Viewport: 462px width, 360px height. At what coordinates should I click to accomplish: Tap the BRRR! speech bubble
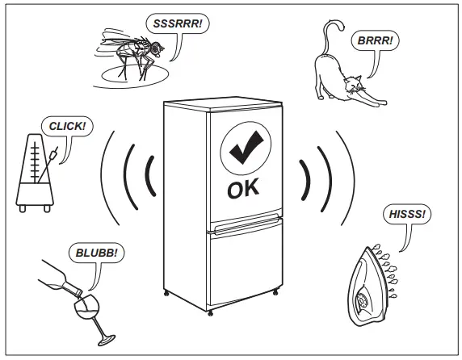point(374,40)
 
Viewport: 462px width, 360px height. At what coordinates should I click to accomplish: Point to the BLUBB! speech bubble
point(97,253)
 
